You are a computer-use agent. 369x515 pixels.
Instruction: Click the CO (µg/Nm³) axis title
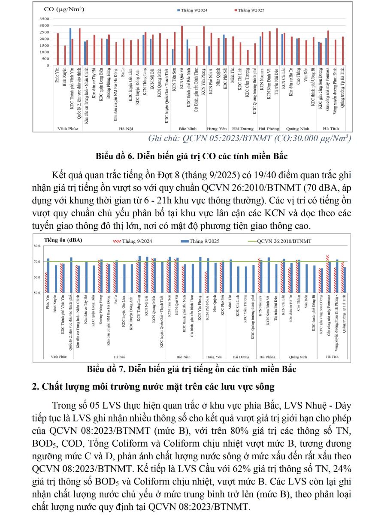point(64,9)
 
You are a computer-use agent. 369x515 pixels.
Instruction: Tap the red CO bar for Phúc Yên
point(58,49)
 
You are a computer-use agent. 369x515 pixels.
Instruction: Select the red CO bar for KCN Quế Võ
point(182,45)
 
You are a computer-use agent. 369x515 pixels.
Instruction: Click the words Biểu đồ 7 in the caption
point(105,369)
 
